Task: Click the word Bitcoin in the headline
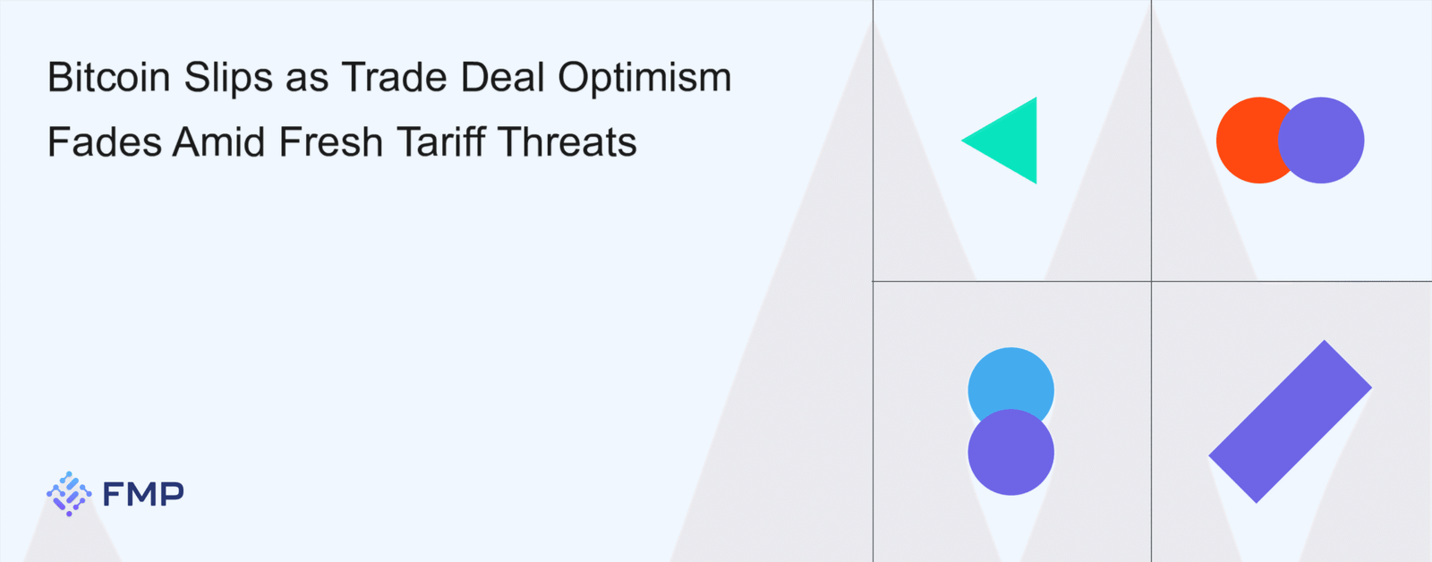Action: click(109, 77)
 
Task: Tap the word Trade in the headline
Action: click(394, 77)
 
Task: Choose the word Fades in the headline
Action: click(104, 141)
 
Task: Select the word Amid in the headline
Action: click(218, 141)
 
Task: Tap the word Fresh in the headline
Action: click(331, 141)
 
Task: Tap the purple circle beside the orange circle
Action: click(1321, 140)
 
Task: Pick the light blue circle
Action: click(1010, 380)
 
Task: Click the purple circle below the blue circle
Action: click(1010, 452)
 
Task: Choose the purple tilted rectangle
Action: click(1290, 421)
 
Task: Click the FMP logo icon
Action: click(69, 494)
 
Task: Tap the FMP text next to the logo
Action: click(143, 494)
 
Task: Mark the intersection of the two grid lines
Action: click(1151, 281)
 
